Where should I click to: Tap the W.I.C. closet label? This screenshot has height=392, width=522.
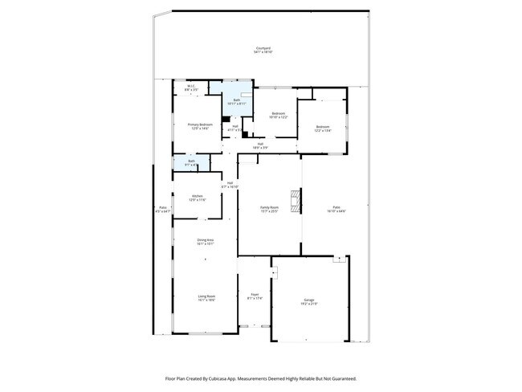coord(192,88)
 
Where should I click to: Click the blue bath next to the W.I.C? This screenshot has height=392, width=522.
coord(236,101)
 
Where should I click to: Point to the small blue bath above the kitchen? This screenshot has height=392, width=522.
coord(191,163)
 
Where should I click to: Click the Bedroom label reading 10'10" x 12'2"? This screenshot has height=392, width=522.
coord(279,115)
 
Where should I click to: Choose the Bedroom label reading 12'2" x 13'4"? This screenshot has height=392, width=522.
coord(323,129)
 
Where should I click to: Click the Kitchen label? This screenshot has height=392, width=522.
coord(198,198)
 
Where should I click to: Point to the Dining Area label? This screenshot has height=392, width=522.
coord(206,241)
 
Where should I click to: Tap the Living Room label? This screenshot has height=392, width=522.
coord(206,298)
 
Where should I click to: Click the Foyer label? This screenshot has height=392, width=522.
coord(254,296)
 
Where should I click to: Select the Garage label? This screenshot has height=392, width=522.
coord(309,302)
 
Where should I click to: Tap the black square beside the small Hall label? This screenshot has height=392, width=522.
coord(226,120)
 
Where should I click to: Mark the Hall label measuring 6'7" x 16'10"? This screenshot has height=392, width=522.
coord(230,185)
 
